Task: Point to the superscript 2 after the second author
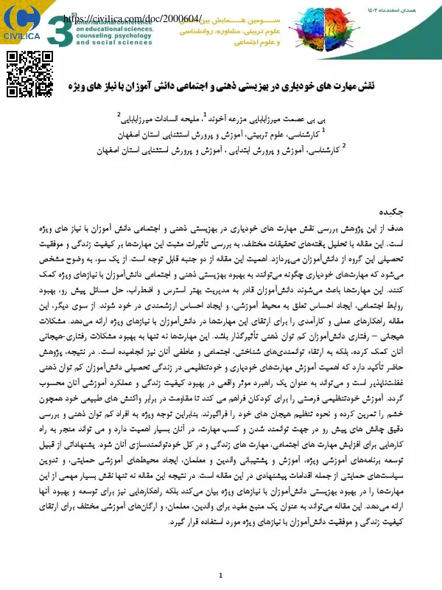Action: coord(119,114)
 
